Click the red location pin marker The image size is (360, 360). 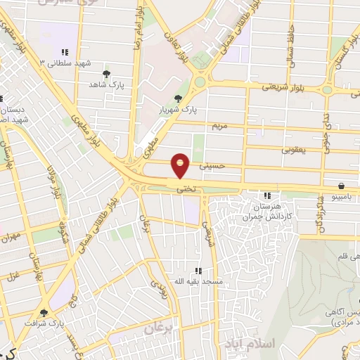point(181,165)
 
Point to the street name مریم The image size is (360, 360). point(221,125)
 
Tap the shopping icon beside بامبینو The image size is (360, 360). point(341,186)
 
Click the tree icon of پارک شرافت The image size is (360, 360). point(44,313)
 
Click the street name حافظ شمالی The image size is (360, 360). point(290,42)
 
